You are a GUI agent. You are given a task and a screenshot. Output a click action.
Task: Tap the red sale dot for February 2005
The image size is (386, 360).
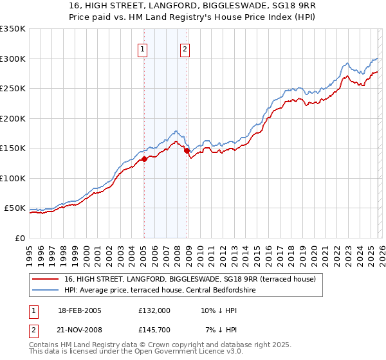pyautogui.click(x=144, y=159)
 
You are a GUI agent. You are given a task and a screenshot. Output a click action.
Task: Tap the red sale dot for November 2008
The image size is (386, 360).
pyautogui.click(x=187, y=151)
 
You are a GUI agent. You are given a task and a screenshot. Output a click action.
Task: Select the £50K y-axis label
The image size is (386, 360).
pyautogui.click(x=15, y=208)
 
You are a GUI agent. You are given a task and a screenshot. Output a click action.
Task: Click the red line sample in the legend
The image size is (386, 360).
pyautogui.click(x=45, y=280)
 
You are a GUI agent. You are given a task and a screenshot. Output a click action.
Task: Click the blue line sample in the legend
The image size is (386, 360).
pyautogui.click(x=45, y=291)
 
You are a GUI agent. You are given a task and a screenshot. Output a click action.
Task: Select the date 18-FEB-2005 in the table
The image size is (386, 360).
pyautogui.click(x=79, y=310)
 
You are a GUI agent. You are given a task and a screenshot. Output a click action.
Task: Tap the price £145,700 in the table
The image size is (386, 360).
pyautogui.click(x=154, y=330)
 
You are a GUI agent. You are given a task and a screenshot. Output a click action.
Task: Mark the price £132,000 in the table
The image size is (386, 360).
pyautogui.click(x=154, y=310)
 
